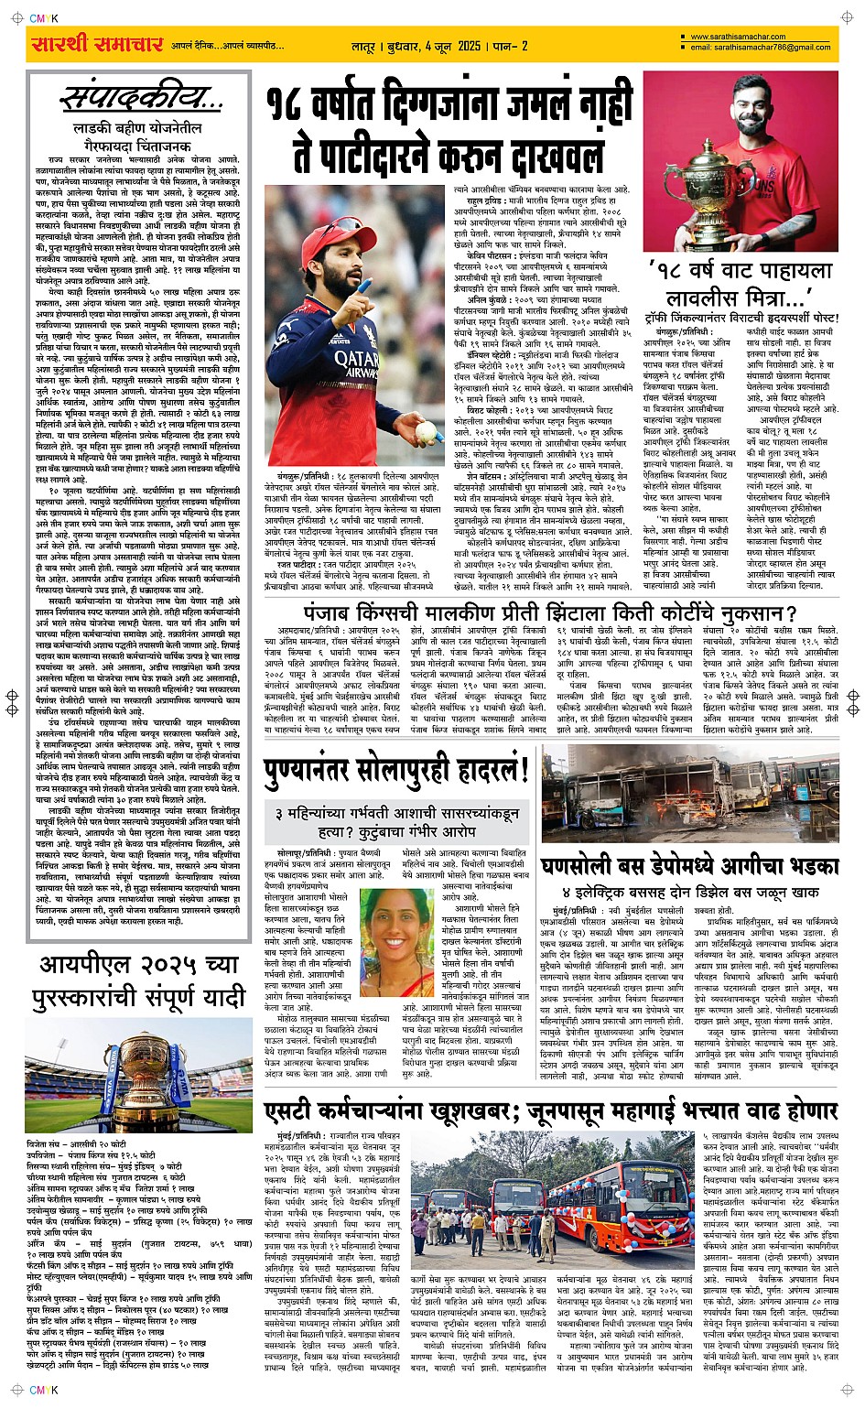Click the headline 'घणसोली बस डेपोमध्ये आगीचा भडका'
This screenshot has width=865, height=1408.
(701, 866)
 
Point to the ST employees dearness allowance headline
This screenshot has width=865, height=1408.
(550, 1111)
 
